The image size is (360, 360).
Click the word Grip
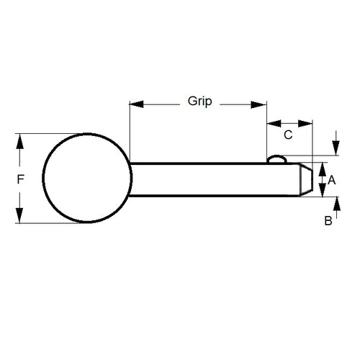pos(199,102)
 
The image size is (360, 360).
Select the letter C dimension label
pos(288,135)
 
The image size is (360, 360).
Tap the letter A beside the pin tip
pos(332,181)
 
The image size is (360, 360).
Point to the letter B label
pos(328,222)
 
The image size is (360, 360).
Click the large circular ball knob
pos(87,178)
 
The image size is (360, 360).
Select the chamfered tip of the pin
pos(305,179)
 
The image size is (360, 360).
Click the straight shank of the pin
pos(209,179)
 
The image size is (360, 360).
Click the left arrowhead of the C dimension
pos(272,124)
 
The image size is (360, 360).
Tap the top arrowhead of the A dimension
pos(322,170)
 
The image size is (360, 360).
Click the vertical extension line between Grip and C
pos(267,130)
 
